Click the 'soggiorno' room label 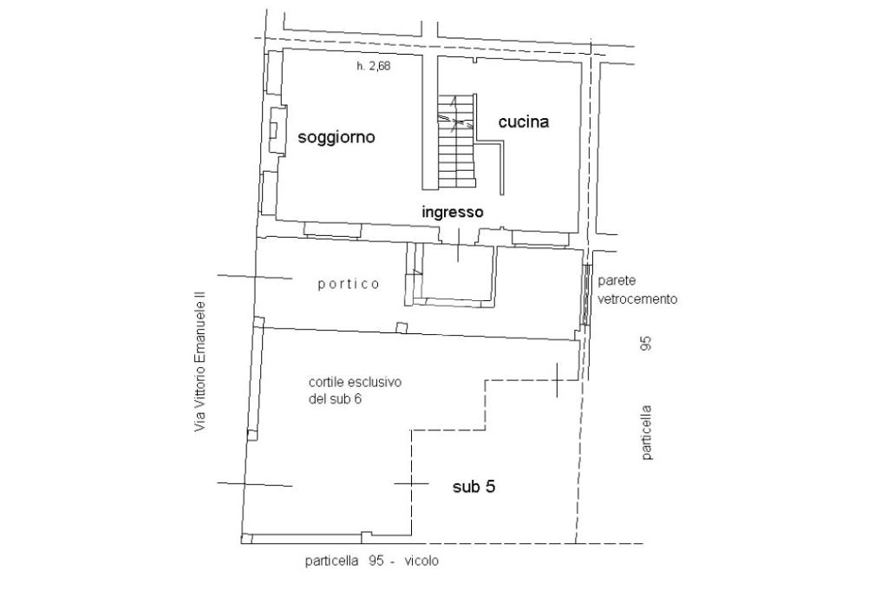[x=336, y=137]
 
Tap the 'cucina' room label [x=523, y=122]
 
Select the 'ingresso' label [x=452, y=212]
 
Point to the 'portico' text [x=348, y=284]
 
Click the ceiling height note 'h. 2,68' [x=374, y=66]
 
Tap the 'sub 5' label [x=473, y=488]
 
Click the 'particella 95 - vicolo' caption [x=371, y=561]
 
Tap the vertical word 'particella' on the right [x=646, y=432]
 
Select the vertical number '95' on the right [x=645, y=344]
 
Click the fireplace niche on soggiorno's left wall [x=277, y=131]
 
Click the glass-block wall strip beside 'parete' [x=587, y=295]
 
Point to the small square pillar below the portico [x=401, y=327]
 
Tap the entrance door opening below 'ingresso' [x=457, y=234]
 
